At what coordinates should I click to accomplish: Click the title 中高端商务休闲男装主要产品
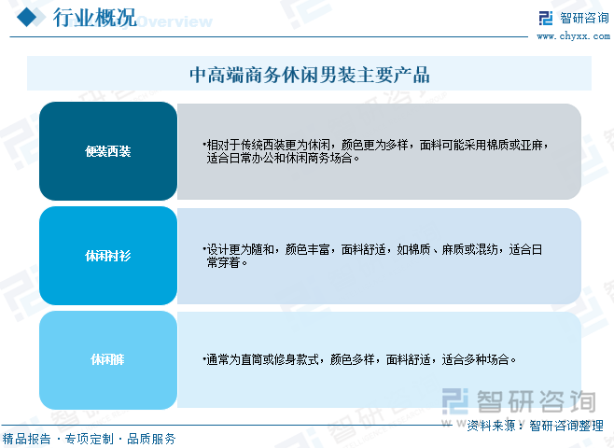[x=309, y=74]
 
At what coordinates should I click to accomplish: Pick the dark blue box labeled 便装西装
[x=107, y=151]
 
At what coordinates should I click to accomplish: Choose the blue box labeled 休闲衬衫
[x=107, y=256]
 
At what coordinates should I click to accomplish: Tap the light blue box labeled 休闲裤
[x=107, y=359]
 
